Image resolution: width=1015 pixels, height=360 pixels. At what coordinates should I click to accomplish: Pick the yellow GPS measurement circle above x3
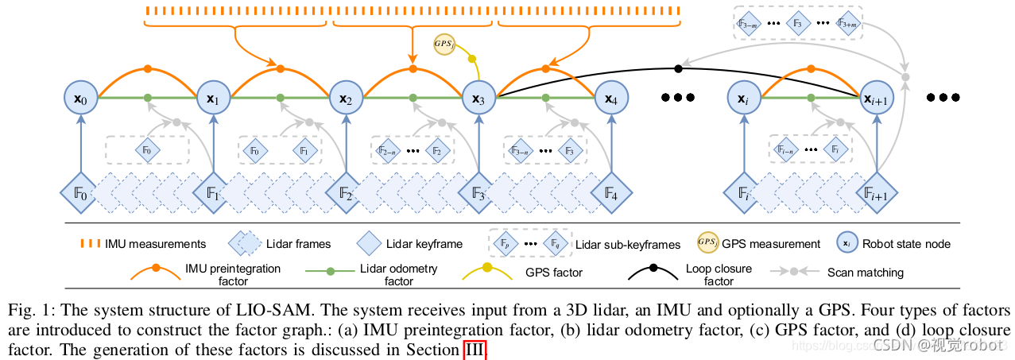(x=445, y=43)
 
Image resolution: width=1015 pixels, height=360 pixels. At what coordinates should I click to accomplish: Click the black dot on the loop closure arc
(x=678, y=68)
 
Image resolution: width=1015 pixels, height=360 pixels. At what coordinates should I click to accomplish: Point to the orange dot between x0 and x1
(x=147, y=69)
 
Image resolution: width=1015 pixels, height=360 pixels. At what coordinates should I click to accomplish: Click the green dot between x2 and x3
(x=413, y=98)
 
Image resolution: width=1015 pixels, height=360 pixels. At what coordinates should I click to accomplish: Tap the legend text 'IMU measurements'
(x=156, y=244)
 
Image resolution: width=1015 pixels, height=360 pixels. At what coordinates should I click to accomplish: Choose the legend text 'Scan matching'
(x=866, y=273)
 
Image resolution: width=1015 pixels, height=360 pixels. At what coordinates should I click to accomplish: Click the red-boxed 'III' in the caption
(x=475, y=349)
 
